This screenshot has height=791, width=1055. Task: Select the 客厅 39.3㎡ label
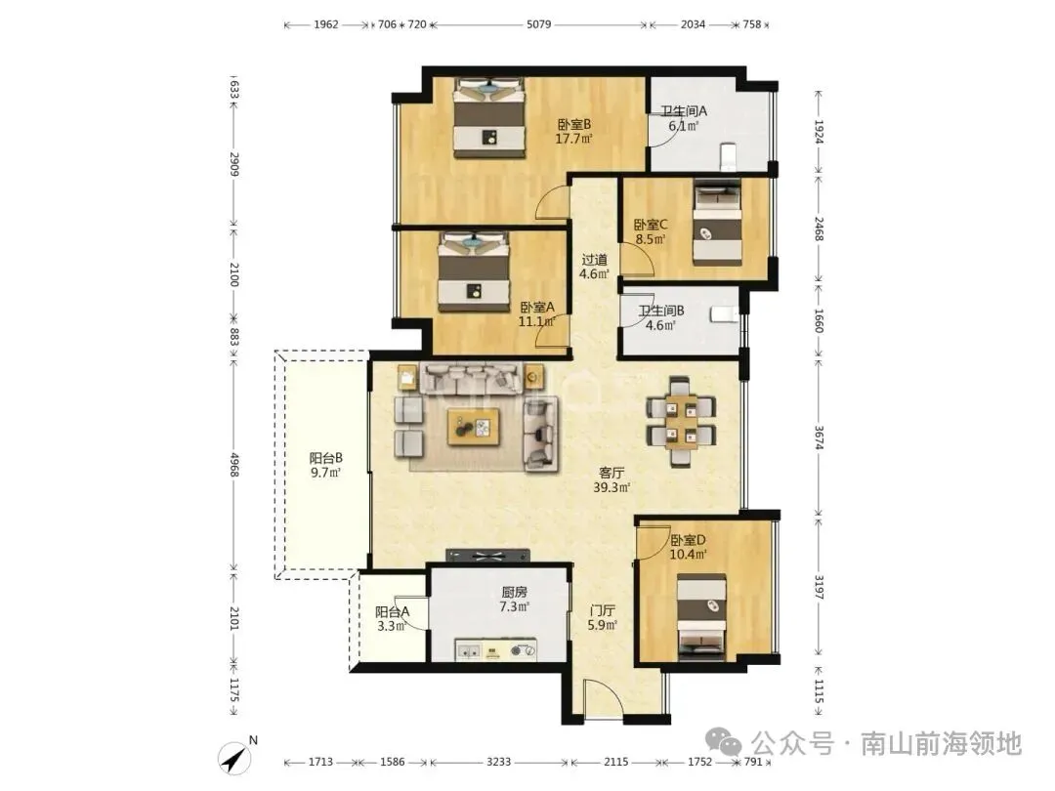pos(611,479)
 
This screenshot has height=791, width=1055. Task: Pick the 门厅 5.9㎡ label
pos(602,617)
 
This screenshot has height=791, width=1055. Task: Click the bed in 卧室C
pos(717,222)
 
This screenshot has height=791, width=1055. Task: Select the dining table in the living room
pos(680,422)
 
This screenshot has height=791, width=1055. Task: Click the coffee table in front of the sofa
pos(474,427)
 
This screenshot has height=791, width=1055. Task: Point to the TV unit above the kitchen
pos(487,556)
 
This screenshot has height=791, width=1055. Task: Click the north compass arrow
pos(235,759)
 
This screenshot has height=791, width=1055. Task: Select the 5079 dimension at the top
pos(538,24)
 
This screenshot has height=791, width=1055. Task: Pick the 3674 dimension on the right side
pos(819,437)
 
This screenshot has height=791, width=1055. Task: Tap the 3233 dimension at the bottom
pos(498,762)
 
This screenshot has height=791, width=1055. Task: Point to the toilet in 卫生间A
pos(728,156)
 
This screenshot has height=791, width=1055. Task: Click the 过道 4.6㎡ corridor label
pos(594,267)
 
